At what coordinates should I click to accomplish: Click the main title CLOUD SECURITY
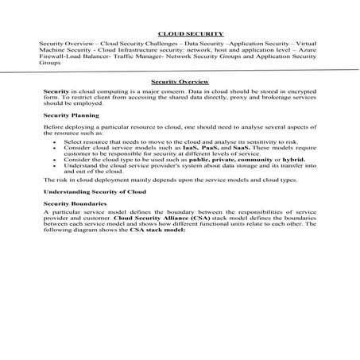[x=180, y=34]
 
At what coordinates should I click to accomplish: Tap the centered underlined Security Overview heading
[x=180, y=82]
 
